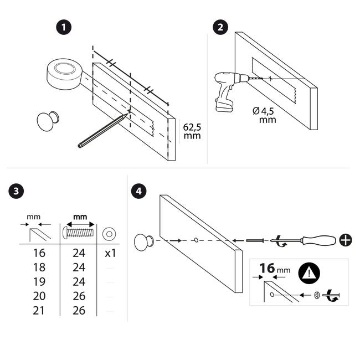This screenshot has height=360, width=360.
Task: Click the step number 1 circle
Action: coord(64,28)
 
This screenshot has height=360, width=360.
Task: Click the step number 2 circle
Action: coord(220,27)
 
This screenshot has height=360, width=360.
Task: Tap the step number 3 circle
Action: coord(16,191)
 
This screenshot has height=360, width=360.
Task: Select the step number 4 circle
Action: coord(138,191)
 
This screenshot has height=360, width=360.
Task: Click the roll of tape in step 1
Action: coord(65,74)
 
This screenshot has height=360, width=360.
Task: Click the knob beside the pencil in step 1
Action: coord(48,121)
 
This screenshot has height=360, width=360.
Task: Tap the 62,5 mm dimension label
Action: coord(192,131)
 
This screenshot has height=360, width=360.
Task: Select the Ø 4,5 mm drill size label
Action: coord(265,115)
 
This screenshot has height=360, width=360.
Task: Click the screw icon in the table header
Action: coord(78,233)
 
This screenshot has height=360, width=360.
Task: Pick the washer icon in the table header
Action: coord(109,234)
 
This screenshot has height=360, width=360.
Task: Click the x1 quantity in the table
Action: coord(110,253)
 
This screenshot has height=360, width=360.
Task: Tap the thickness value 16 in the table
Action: coord(39,253)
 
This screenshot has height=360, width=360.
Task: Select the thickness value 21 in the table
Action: coord(39,310)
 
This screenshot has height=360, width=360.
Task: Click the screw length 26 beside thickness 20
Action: coord(79,296)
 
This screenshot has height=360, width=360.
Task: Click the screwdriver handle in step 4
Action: coord(319,240)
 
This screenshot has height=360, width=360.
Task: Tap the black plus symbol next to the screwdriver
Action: coord(346,240)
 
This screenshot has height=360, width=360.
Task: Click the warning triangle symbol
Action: coord(309,273)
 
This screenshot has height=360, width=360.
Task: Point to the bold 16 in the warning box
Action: coord(268,268)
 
